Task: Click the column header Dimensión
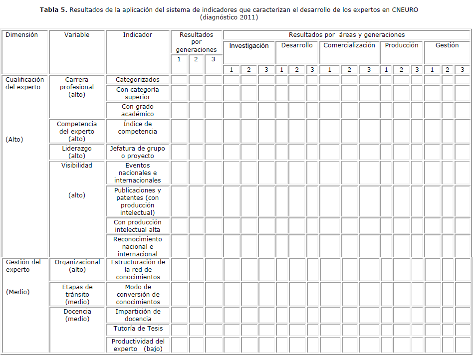(x=21, y=35)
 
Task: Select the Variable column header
(x=77, y=35)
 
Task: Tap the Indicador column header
(x=138, y=35)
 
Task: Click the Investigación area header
(x=249, y=45)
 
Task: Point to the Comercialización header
(x=349, y=45)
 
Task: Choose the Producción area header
(x=402, y=45)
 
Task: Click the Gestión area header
(x=447, y=45)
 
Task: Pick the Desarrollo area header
(x=297, y=45)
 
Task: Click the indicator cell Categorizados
(x=138, y=80)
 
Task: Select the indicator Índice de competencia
(x=138, y=128)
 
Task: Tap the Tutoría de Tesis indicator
(x=138, y=329)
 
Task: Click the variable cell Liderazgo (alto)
(x=77, y=152)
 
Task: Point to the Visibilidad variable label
(x=77, y=166)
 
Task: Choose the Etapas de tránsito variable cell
(x=77, y=294)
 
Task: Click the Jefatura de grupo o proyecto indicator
(x=138, y=152)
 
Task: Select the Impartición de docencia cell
(x=138, y=315)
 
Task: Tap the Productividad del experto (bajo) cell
(x=138, y=345)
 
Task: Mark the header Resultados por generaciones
(x=197, y=42)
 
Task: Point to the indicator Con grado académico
(x=138, y=110)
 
